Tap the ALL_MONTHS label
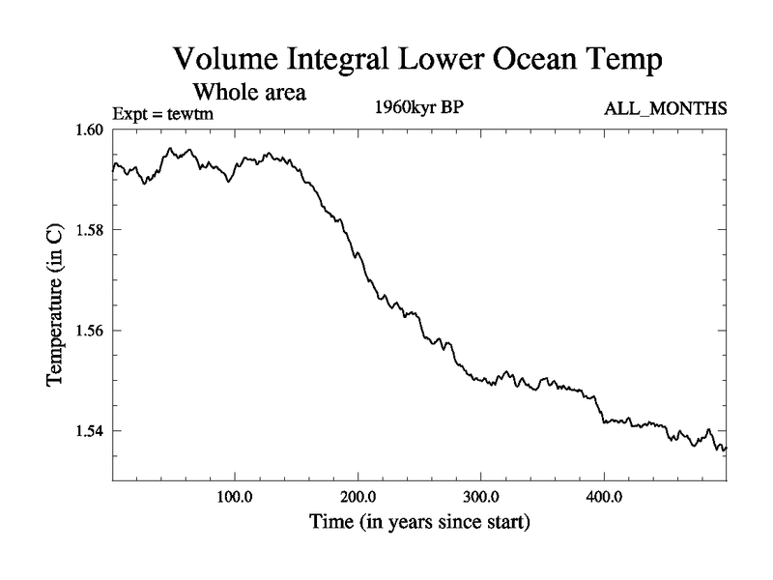(666, 108)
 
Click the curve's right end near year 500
(725, 449)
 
